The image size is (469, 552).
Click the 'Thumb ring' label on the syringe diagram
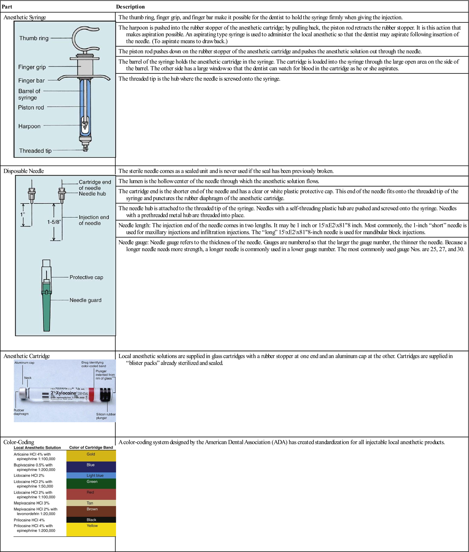click(x=34, y=38)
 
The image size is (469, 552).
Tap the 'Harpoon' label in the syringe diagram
click(x=29, y=126)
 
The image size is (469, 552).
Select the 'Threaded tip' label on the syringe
click(x=35, y=151)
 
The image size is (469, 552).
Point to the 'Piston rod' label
click(x=31, y=108)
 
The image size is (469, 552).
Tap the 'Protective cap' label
click(x=86, y=277)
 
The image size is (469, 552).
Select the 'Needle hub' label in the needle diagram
click(x=92, y=194)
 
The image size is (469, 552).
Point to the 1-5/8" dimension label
click(x=54, y=222)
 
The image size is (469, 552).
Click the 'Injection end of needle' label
click(x=94, y=220)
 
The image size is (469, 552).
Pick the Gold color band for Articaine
click(x=91, y=456)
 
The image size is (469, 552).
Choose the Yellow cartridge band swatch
click(x=91, y=530)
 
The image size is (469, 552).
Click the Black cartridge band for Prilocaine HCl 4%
click(x=91, y=520)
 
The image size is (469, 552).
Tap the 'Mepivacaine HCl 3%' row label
click(x=31, y=503)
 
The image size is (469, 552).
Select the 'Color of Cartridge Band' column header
click(x=91, y=447)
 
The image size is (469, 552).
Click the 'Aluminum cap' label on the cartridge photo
click(x=24, y=363)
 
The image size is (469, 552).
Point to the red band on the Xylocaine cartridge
click(x=91, y=394)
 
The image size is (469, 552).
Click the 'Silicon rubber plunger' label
click(x=106, y=416)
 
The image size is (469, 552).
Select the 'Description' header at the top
click(x=130, y=7)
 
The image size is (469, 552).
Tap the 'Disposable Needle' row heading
click(x=23, y=171)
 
